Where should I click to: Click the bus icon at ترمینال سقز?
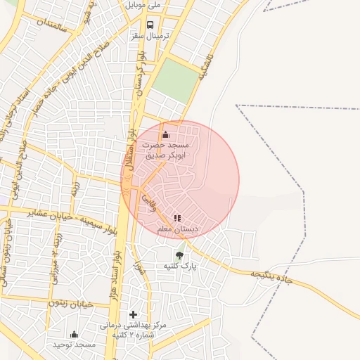tap(150, 25)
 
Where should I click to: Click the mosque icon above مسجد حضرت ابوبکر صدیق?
tap(166, 134)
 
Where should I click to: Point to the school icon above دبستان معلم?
tap(177, 218)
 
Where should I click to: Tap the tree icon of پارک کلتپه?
tap(179, 255)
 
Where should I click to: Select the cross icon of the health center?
tap(133, 314)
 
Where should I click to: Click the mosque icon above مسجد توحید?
tap(75, 333)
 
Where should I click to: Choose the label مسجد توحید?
tap(74, 345)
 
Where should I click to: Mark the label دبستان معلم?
tap(178, 229)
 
